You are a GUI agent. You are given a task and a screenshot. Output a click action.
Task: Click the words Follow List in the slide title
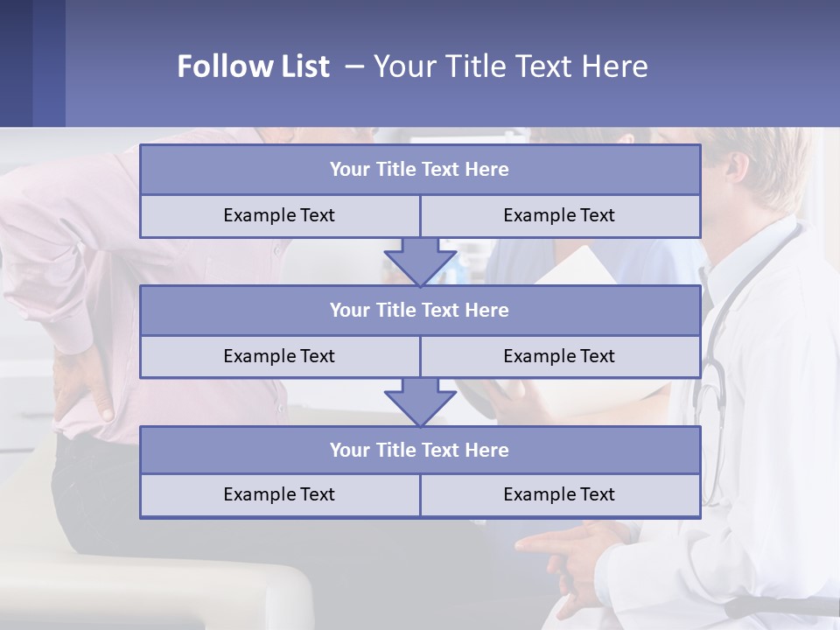(253, 66)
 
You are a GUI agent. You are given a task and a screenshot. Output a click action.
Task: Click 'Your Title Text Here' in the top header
(510, 66)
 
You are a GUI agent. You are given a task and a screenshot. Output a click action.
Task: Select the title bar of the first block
(420, 170)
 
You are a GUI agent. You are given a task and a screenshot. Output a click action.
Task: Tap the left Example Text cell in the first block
(279, 215)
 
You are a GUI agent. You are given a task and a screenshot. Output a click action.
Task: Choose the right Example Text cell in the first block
(559, 215)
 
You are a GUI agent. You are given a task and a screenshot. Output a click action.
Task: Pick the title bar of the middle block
(420, 310)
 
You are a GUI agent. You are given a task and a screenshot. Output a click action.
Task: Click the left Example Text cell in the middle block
(279, 356)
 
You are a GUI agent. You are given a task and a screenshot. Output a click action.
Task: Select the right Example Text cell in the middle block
(559, 356)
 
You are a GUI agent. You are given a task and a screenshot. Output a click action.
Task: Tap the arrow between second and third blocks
(420, 402)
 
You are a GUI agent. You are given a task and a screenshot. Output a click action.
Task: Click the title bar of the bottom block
(420, 450)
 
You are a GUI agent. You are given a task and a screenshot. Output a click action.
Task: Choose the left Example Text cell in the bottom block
(279, 494)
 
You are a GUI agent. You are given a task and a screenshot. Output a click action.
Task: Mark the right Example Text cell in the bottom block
(559, 494)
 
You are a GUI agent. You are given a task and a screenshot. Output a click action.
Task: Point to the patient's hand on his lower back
(83, 385)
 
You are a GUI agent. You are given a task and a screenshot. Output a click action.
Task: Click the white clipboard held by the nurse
(582, 267)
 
